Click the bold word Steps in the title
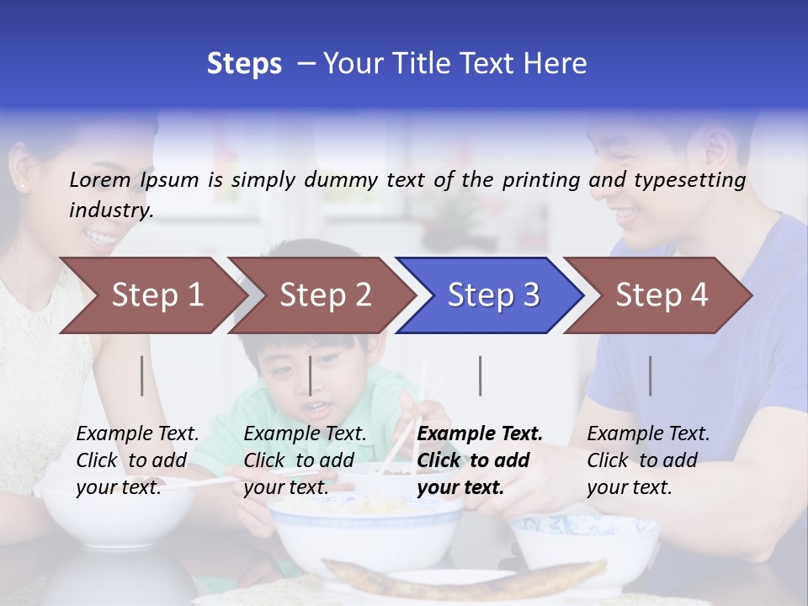(x=244, y=64)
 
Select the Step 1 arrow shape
(x=151, y=295)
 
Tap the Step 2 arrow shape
(x=320, y=295)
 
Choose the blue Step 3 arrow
(x=488, y=295)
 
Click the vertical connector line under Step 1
(x=142, y=375)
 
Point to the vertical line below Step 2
(x=311, y=375)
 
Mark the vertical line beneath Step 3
(x=481, y=375)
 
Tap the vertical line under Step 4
(x=651, y=375)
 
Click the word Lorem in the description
(x=100, y=179)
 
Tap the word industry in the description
(x=110, y=210)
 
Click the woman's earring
(x=20, y=185)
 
